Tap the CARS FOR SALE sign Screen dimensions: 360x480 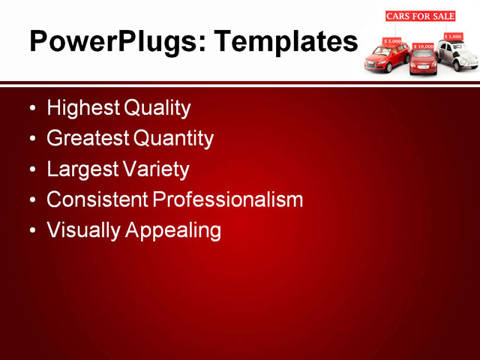tap(420, 16)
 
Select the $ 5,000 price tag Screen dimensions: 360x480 tap(392, 41)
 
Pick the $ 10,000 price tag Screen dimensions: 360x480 tap(424, 46)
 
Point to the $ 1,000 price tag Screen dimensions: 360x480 tap(453, 36)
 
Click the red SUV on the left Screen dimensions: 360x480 tap(386, 58)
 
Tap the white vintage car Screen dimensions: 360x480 tap(458, 55)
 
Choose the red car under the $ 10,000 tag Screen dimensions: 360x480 tap(423, 62)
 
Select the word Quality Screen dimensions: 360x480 tap(157, 108)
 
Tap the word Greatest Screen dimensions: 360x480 tap(88, 139)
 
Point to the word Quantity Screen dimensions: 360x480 tap(173, 139)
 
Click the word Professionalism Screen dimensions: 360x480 tap(228, 199)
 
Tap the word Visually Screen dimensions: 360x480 tap(83, 230)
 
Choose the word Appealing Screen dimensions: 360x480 tap(173, 230)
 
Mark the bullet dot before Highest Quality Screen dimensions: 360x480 tap(31, 109)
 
